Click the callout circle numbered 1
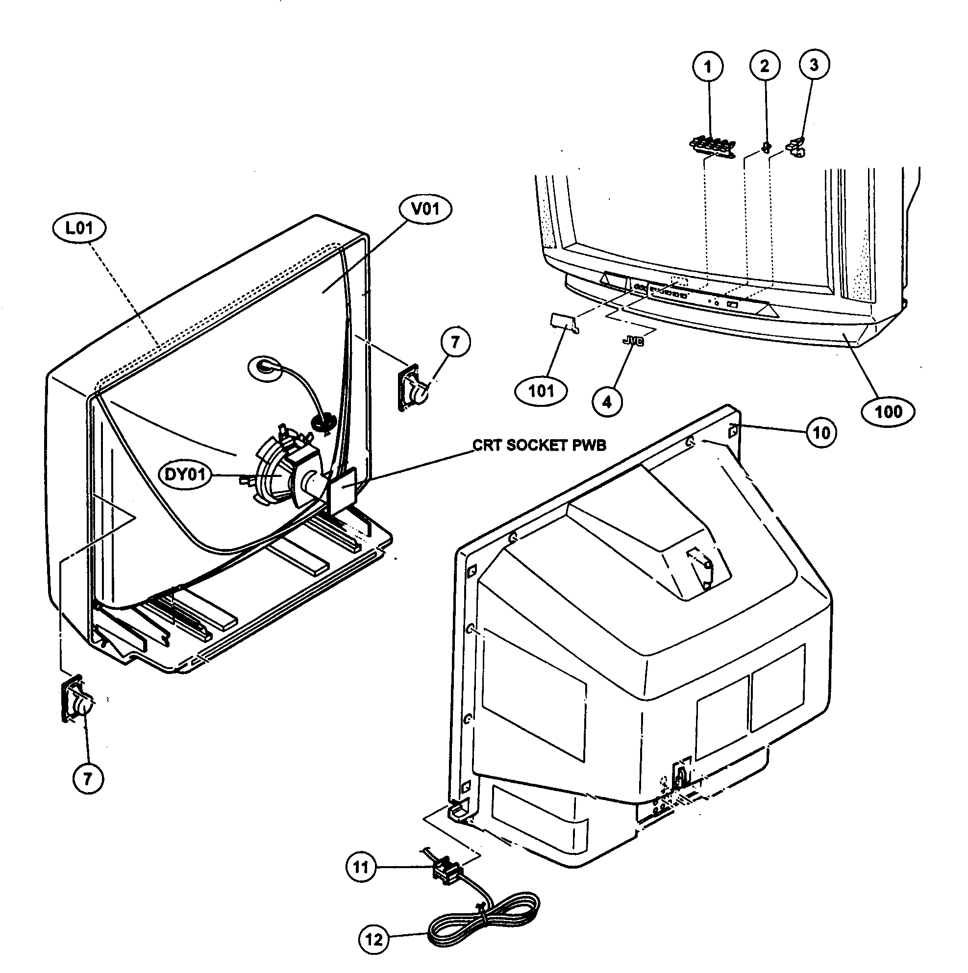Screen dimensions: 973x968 pos(708,67)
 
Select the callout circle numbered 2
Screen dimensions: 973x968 pos(765,66)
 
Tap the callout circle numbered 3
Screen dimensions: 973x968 pos(814,65)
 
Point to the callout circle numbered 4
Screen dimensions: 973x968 pos(607,401)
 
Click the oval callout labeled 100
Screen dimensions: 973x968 pos(889,411)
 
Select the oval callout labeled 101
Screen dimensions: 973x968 pos(541,391)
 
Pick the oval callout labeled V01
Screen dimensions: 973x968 pos(425,208)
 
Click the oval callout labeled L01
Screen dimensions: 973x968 pos(79,228)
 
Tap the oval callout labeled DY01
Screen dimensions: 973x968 pos(185,474)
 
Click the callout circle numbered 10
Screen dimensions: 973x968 pos(821,432)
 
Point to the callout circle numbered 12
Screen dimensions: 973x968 pos(373,939)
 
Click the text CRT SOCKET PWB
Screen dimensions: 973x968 pos(540,445)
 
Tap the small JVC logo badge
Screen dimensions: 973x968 pos(633,342)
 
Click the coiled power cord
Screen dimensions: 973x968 pos(483,922)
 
